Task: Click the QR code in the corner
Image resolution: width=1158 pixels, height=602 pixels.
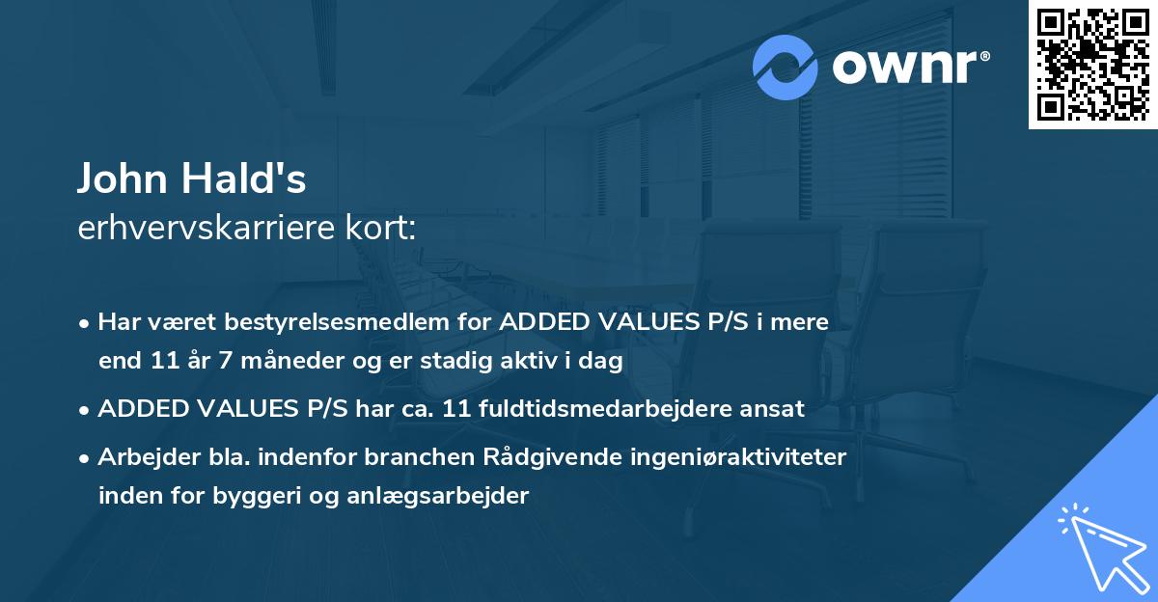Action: pyautogui.click(x=1092, y=65)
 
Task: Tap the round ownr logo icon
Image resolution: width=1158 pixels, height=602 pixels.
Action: pyautogui.click(x=786, y=68)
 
